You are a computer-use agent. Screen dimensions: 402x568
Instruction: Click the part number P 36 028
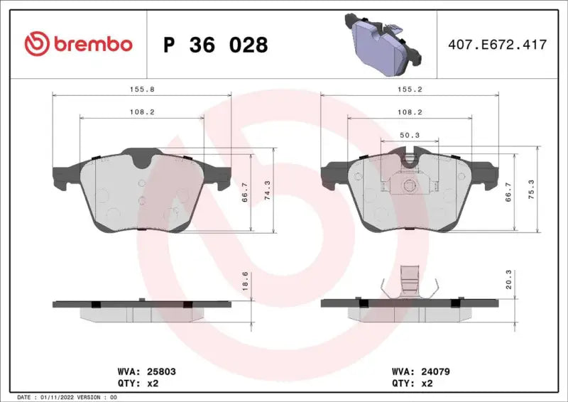point(216,45)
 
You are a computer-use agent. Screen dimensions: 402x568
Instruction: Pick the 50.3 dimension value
point(409,135)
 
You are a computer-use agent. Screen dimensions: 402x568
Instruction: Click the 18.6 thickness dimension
point(246,280)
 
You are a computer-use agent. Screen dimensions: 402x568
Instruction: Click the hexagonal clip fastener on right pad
point(409,187)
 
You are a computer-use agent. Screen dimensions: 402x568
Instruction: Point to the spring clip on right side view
point(409,283)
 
